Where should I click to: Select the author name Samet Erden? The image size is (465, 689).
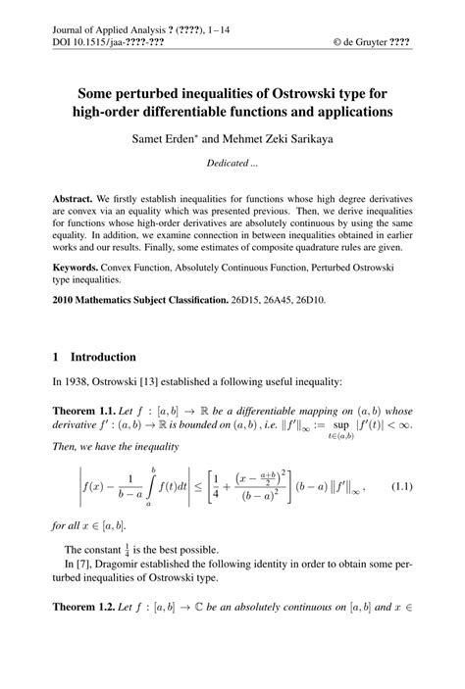point(164,139)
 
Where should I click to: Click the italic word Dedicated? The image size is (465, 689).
point(225,164)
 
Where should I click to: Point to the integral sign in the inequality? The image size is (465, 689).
point(151,488)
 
